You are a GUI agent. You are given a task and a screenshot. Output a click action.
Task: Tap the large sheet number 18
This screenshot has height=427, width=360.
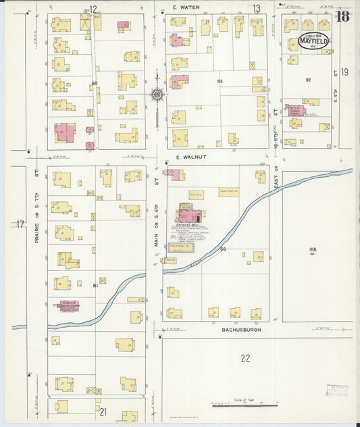pos(342,17)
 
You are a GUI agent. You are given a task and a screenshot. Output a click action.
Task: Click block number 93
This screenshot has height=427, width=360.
pos(220,81)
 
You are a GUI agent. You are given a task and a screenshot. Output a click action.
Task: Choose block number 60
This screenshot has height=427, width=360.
pos(95,83)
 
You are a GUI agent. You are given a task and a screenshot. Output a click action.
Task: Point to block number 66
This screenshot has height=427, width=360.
pos(222,249)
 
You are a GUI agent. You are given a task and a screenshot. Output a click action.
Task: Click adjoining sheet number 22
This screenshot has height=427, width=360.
pos(245,358)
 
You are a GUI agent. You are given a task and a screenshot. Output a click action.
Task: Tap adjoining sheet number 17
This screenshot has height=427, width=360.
pos(20,224)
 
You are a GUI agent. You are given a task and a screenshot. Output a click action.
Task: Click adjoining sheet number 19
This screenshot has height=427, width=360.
pos(344,72)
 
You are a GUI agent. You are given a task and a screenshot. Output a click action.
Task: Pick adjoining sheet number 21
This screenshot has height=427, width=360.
pos(103,411)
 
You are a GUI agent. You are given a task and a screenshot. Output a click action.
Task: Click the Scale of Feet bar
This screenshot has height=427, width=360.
pos(245,405)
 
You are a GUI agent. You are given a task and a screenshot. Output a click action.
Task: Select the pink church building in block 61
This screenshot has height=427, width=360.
pos(68,305)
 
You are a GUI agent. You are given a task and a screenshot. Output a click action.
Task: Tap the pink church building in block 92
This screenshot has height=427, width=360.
pos(295,110)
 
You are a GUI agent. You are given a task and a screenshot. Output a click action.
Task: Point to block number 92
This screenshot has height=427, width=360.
pos(308,80)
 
